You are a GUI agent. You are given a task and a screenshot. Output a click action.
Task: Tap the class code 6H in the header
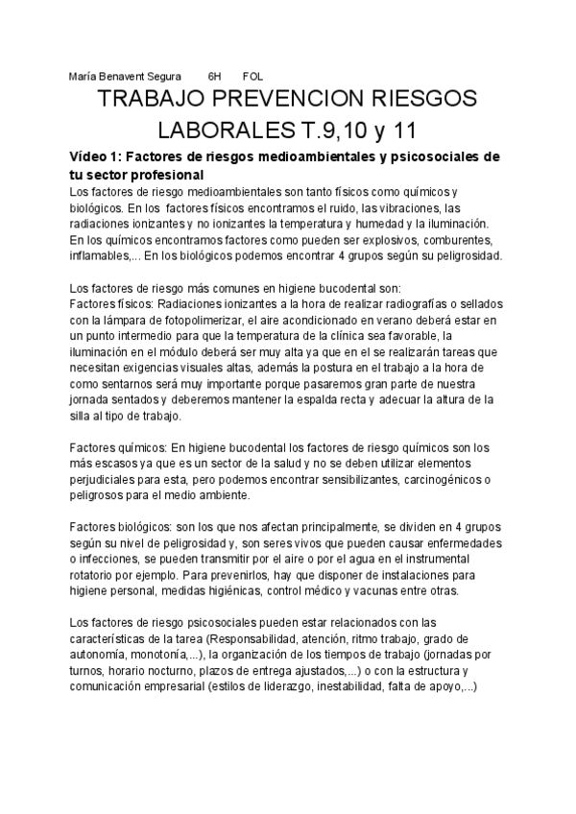[214, 76]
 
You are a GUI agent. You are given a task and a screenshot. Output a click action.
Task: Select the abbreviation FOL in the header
[254, 76]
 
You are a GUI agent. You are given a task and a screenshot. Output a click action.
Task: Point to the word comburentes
[459, 239]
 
